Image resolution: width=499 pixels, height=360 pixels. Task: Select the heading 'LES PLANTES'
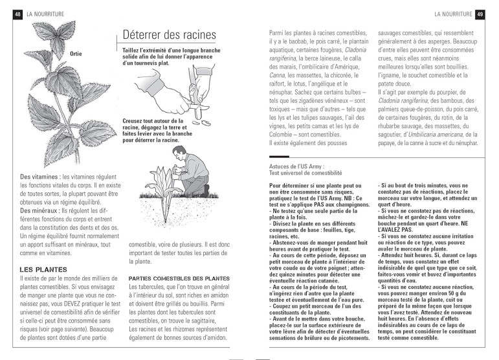44,269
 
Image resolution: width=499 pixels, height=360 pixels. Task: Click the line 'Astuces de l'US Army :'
296,166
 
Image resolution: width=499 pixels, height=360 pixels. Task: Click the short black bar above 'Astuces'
279,157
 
